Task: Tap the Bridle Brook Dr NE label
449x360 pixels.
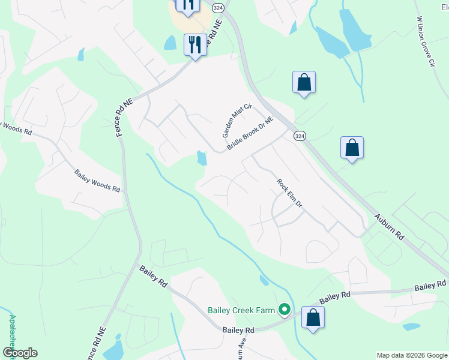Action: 250,134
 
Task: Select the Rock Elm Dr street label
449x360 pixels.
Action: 289,193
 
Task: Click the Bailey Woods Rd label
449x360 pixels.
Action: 97,180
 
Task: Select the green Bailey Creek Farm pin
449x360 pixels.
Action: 285,310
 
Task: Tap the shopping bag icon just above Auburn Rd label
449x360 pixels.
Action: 352,148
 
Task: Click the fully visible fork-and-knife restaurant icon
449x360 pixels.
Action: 195,44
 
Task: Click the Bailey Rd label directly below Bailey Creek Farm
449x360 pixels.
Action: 238,330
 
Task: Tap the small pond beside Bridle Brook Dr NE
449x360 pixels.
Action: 202,158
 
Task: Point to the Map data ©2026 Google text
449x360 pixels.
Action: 412,355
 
